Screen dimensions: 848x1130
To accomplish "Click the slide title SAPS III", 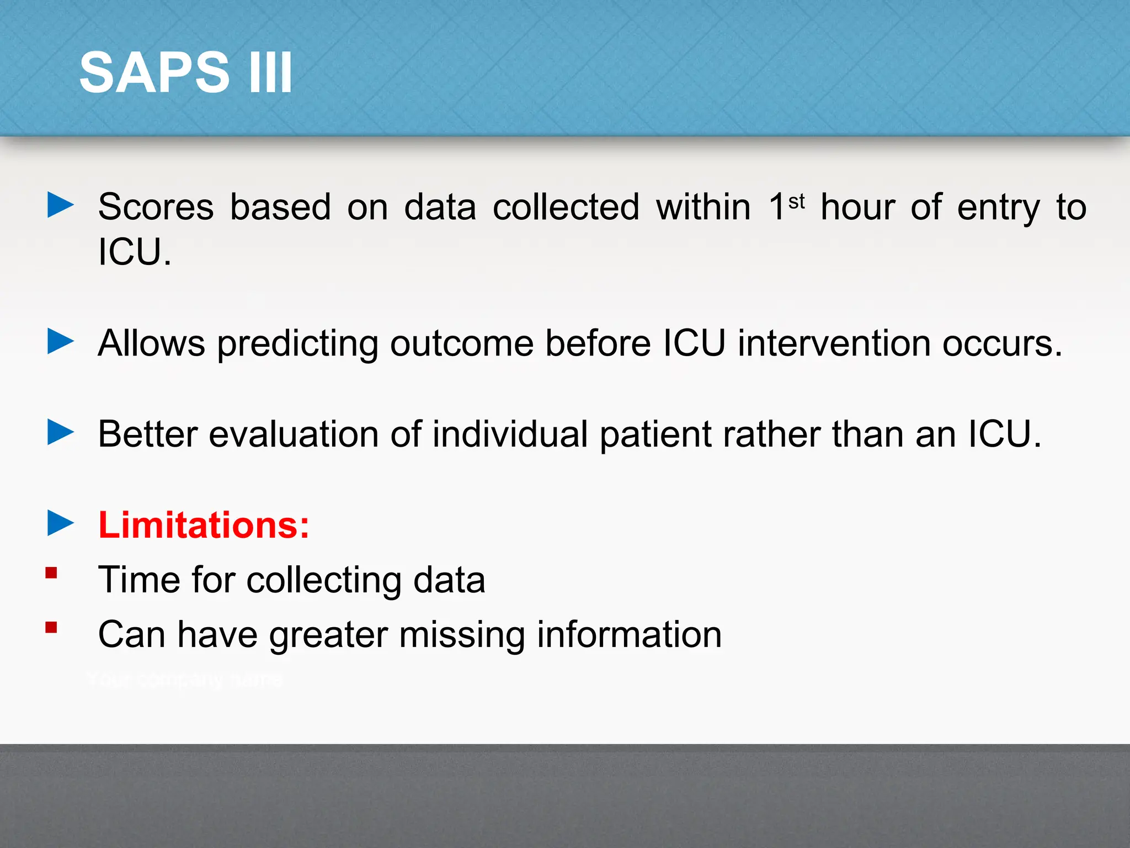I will coord(185,72).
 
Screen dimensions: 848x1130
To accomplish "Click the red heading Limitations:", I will coord(204,524).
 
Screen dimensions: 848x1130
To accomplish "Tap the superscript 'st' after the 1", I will coord(796,202).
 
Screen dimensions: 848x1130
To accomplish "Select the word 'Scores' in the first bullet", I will coord(156,207).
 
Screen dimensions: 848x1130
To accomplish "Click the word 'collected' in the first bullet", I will coord(566,207).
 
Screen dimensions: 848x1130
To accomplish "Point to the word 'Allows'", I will coord(151,343).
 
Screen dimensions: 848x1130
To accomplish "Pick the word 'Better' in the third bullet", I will coord(147,434).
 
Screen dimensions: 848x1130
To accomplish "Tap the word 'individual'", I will coord(510,434).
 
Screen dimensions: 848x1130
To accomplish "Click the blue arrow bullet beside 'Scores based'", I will coord(60,205).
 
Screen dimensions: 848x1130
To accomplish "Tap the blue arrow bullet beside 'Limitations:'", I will coord(60,522).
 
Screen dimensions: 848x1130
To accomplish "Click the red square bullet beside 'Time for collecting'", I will coord(51,573).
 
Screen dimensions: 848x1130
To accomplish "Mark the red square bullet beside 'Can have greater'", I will coord(51,628).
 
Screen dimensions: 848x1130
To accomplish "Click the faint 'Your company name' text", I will coord(185,680).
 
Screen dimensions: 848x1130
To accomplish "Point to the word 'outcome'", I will coord(462,343).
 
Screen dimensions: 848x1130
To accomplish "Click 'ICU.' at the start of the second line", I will coord(135,252).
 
